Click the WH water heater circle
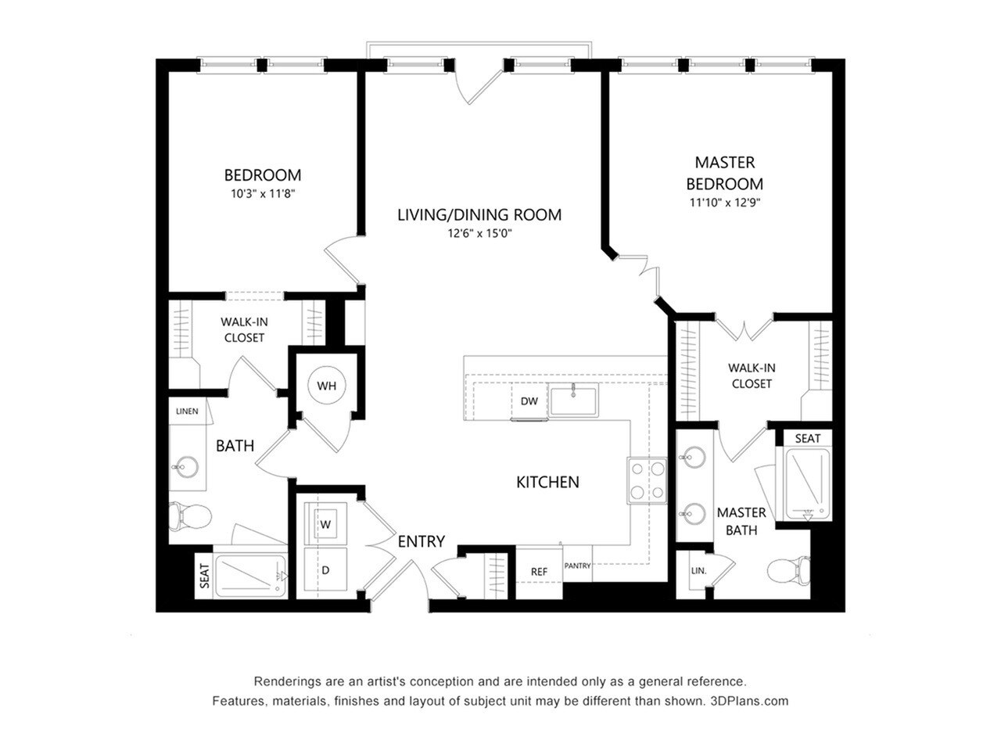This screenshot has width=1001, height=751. pos(326,386)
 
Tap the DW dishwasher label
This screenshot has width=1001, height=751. pos(529,401)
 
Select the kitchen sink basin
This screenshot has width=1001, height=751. pos(573,401)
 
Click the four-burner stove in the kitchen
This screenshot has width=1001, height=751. pos(648,480)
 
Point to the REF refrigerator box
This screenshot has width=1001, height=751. pos(539,572)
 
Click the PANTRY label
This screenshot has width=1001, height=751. pos(577,566)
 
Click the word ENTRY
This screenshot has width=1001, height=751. pos(421,541)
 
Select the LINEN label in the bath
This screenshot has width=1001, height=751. pos(187,411)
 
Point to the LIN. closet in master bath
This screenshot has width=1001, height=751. pos(698,571)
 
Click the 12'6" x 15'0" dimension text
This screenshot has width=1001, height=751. pos(479,233)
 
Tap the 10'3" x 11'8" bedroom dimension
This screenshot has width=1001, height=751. pos(262,193)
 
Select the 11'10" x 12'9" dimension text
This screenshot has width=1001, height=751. pos(724,202)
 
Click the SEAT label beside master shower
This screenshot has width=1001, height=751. pos(807,438)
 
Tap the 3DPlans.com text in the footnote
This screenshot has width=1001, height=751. pos(749,701)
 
